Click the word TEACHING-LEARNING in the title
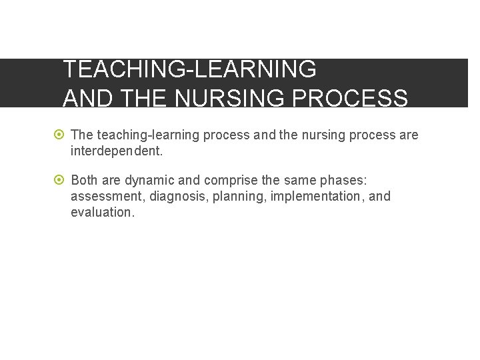click(189, 69)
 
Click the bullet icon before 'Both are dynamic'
click(60, 180)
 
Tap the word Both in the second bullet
click(85, 180)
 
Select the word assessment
click(103, 196)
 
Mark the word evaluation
click(103, 212)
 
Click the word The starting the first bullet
click(82, 135)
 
